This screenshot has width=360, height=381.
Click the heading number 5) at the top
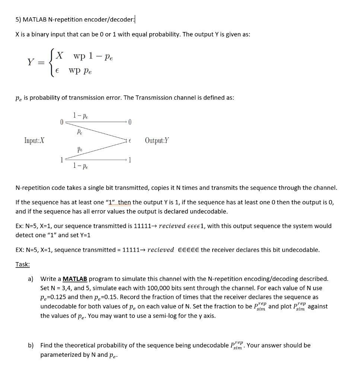click(x=18, y=20)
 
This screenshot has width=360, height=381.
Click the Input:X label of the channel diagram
click(x=34, y=140)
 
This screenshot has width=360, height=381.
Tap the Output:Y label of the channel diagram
click(x=157, y=140)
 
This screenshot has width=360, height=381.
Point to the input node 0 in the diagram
click(x=61, y=122)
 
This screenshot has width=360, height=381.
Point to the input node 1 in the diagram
click(x=61, y=160)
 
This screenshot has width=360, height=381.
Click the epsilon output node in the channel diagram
click(x=130, y=141)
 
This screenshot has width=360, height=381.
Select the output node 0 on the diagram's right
click(x=130, y=122)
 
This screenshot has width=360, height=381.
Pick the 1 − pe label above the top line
click(x=80, y=116)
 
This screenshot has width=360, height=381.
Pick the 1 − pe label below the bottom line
click(x=80, y=165)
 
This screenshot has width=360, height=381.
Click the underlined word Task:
click(x=23, y=264)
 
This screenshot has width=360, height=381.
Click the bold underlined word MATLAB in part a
click(x=75, y=279)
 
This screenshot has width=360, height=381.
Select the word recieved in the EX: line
click(x=160, y=250)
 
